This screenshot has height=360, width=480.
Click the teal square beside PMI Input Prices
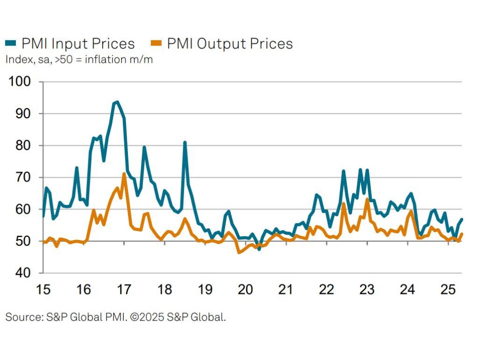pos(10,44)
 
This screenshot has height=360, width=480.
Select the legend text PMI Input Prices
pos(78,44)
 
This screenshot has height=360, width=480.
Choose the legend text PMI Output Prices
pos(230,44)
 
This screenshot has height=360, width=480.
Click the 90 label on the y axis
pos(23,114)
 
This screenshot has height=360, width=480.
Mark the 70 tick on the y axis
pos(23,178)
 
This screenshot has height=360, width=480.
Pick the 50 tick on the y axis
pos(23,241)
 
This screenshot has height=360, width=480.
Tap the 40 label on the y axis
pos(23,273)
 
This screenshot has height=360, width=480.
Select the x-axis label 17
pos(124,290)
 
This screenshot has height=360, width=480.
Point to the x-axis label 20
pos(245,290)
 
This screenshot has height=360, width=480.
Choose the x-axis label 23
pos(367,290)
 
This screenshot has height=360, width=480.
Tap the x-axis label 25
pos(448,290)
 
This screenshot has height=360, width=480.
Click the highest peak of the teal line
pos(117,102)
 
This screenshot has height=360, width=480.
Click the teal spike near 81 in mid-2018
pos(185,142)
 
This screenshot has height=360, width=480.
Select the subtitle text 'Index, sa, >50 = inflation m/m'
pos(79,60)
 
